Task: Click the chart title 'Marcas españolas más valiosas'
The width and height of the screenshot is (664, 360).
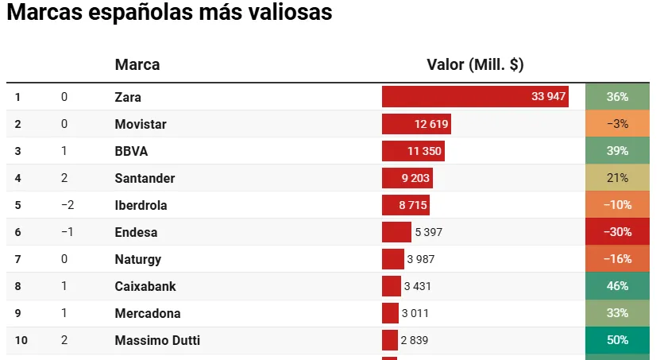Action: coord(168,14)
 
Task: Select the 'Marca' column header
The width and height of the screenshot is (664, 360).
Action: coord(137,65)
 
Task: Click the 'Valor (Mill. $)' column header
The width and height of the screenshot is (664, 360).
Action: coord(475,65)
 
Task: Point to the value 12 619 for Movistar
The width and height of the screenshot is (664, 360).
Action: coord(431,124)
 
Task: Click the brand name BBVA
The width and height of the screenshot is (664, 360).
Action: coord(131,151)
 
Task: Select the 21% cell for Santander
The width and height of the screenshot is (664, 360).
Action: coord(617,178)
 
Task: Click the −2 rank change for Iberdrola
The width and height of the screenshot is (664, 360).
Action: coord(68,205)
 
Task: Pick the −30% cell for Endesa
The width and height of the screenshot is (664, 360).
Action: coord(617,232)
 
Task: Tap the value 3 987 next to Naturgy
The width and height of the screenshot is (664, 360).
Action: coord(421,259)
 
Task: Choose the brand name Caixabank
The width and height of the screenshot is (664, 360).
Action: coord(145,286)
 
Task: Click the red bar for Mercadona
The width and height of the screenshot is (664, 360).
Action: coord(390,313)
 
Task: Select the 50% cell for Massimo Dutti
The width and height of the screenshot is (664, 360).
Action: coord(617,340)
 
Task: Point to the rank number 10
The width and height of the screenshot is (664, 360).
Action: coord(21,340)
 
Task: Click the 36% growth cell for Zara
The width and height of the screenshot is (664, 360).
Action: coord(617,97)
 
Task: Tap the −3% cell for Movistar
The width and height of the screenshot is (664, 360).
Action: coord(617,124)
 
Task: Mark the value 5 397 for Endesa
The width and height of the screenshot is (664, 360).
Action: coord(428,232)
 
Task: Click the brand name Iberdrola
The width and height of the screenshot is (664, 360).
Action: coord(141,205)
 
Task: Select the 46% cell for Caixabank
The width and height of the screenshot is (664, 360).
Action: coord(617,286)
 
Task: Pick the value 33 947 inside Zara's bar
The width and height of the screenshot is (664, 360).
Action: coord(548,97)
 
